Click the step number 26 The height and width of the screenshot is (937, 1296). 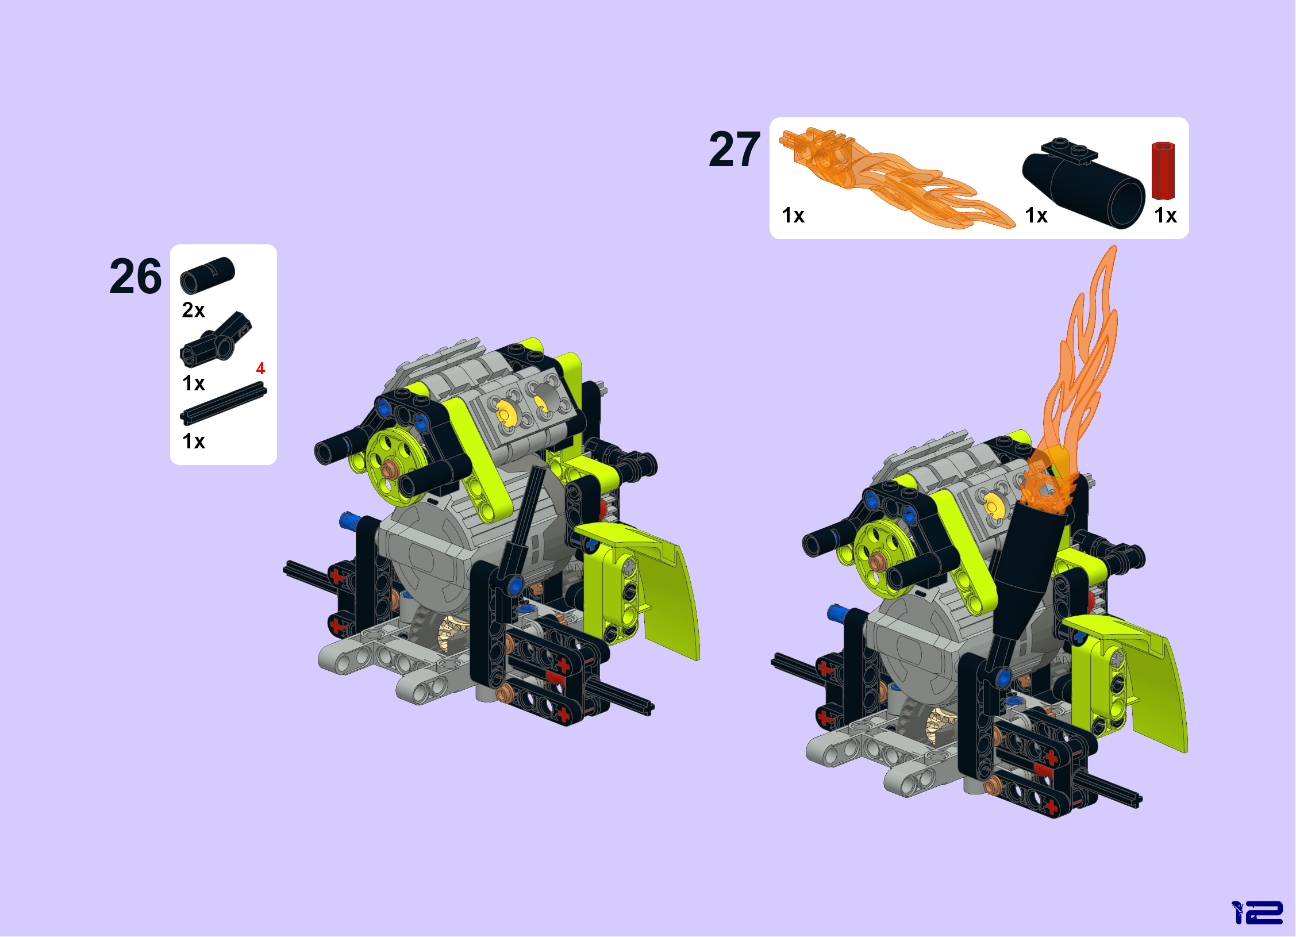pos(136,277)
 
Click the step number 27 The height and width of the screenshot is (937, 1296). pos(734,149)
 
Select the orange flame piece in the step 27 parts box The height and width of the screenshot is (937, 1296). pos(897,178)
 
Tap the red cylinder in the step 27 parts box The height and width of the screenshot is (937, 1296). pos(1163,171)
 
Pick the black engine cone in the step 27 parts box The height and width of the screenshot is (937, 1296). pos(1083,184)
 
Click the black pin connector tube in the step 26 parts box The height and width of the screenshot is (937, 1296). pos(207,275)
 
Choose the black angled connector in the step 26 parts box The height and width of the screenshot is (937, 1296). pos(216,340)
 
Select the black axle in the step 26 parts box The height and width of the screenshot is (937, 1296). pos(224,404)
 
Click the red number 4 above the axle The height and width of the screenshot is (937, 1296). pos(260,368)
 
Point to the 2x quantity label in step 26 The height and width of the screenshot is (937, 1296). pos(194,310)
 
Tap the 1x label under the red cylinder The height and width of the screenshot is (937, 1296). pos(1166,216)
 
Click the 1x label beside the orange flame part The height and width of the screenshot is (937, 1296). pos(793,216)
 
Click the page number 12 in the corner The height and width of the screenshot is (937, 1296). pos(1257,912)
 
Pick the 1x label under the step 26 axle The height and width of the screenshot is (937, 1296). pos(194,441)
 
